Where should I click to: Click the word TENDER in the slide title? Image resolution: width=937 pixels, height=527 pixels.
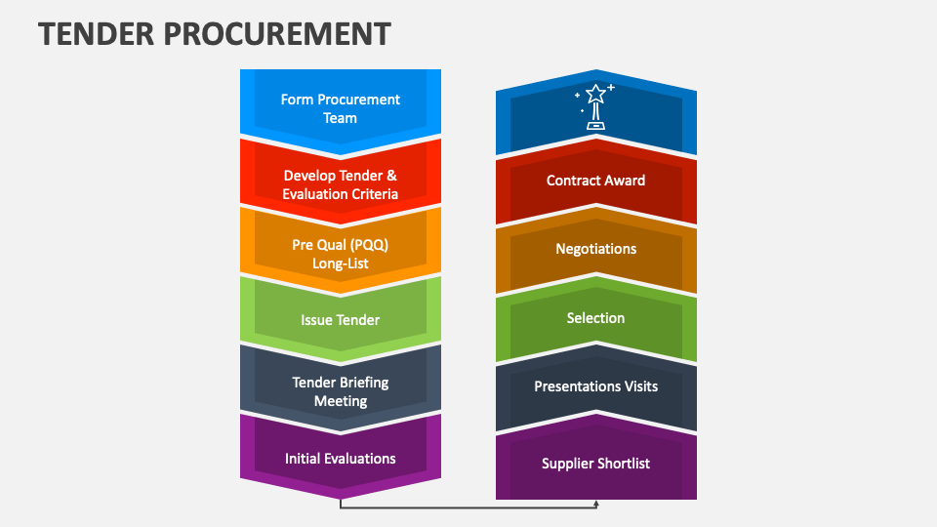coord(97,34)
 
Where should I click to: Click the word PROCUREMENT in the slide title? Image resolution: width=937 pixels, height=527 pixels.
coord(277,34)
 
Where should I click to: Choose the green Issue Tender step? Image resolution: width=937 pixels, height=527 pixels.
coord(341,320)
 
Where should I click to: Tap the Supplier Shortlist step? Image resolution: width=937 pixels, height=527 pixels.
coord(595,463)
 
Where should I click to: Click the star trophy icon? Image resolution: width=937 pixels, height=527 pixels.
coord(595,107)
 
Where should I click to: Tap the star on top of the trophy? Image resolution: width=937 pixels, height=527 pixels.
coord(595,94)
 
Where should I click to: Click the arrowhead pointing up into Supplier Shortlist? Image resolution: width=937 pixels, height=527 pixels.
coord(596,505)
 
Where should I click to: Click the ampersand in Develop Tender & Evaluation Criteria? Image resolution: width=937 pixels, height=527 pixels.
coord(391,176)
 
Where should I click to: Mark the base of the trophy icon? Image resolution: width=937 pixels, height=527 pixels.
coord(595,126)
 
